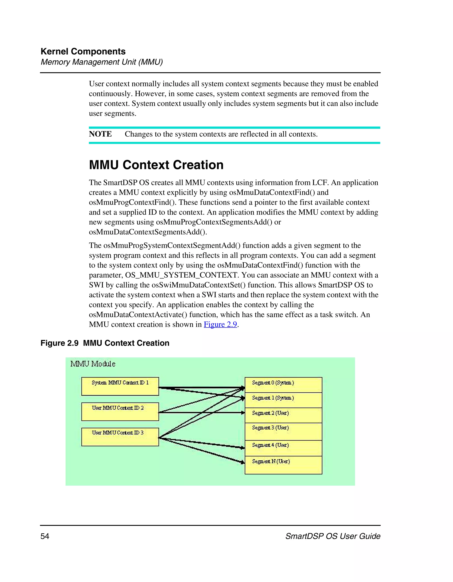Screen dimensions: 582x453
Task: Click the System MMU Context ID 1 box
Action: pyautogui.click(x=120, y=386)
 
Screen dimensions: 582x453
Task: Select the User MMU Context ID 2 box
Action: pyautogui.click(x=120, y=411)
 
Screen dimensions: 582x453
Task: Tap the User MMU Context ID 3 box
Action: pyautogui.click(x=120, y=437)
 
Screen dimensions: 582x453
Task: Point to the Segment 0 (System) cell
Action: pyautogui.click(x=283, y=385)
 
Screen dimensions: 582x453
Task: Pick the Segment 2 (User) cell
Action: pyautogui.click(x=283, y=415)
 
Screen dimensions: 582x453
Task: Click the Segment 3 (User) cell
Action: pyautogui.click(x=283, y=431)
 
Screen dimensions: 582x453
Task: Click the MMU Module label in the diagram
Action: pyautogui.click(x=93, y=364)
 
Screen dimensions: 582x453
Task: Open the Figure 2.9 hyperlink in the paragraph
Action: pyautogui.click(x=220, y=324)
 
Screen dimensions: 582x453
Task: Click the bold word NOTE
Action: pyautogui.click(x=100, y=134)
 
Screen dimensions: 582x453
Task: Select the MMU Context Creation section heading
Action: pyautogui.click(x=156, y=165)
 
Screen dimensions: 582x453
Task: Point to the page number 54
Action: pyautogui.click(x=45, y=536)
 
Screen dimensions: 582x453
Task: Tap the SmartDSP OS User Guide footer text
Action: pyautogui.click(x=333, y=536)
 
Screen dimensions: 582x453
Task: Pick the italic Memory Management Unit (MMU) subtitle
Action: pyautogui.click(x=102, y=62)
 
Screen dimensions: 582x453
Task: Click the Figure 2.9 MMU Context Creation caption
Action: pyautogui.click(x=105, y=343)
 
